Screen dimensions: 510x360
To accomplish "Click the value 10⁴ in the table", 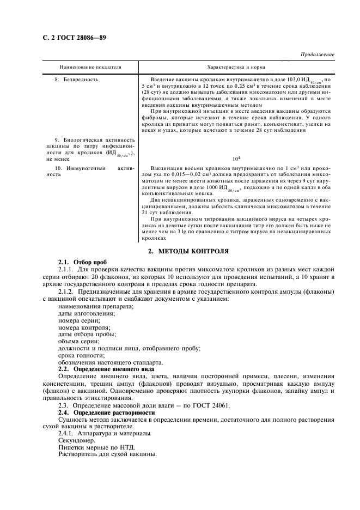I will click(x=236, y=159).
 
